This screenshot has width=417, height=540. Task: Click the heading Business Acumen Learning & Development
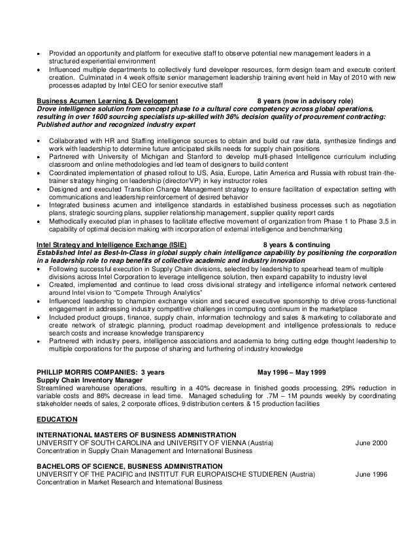coord(107,101)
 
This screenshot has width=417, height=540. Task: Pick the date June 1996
coord(371,475)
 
